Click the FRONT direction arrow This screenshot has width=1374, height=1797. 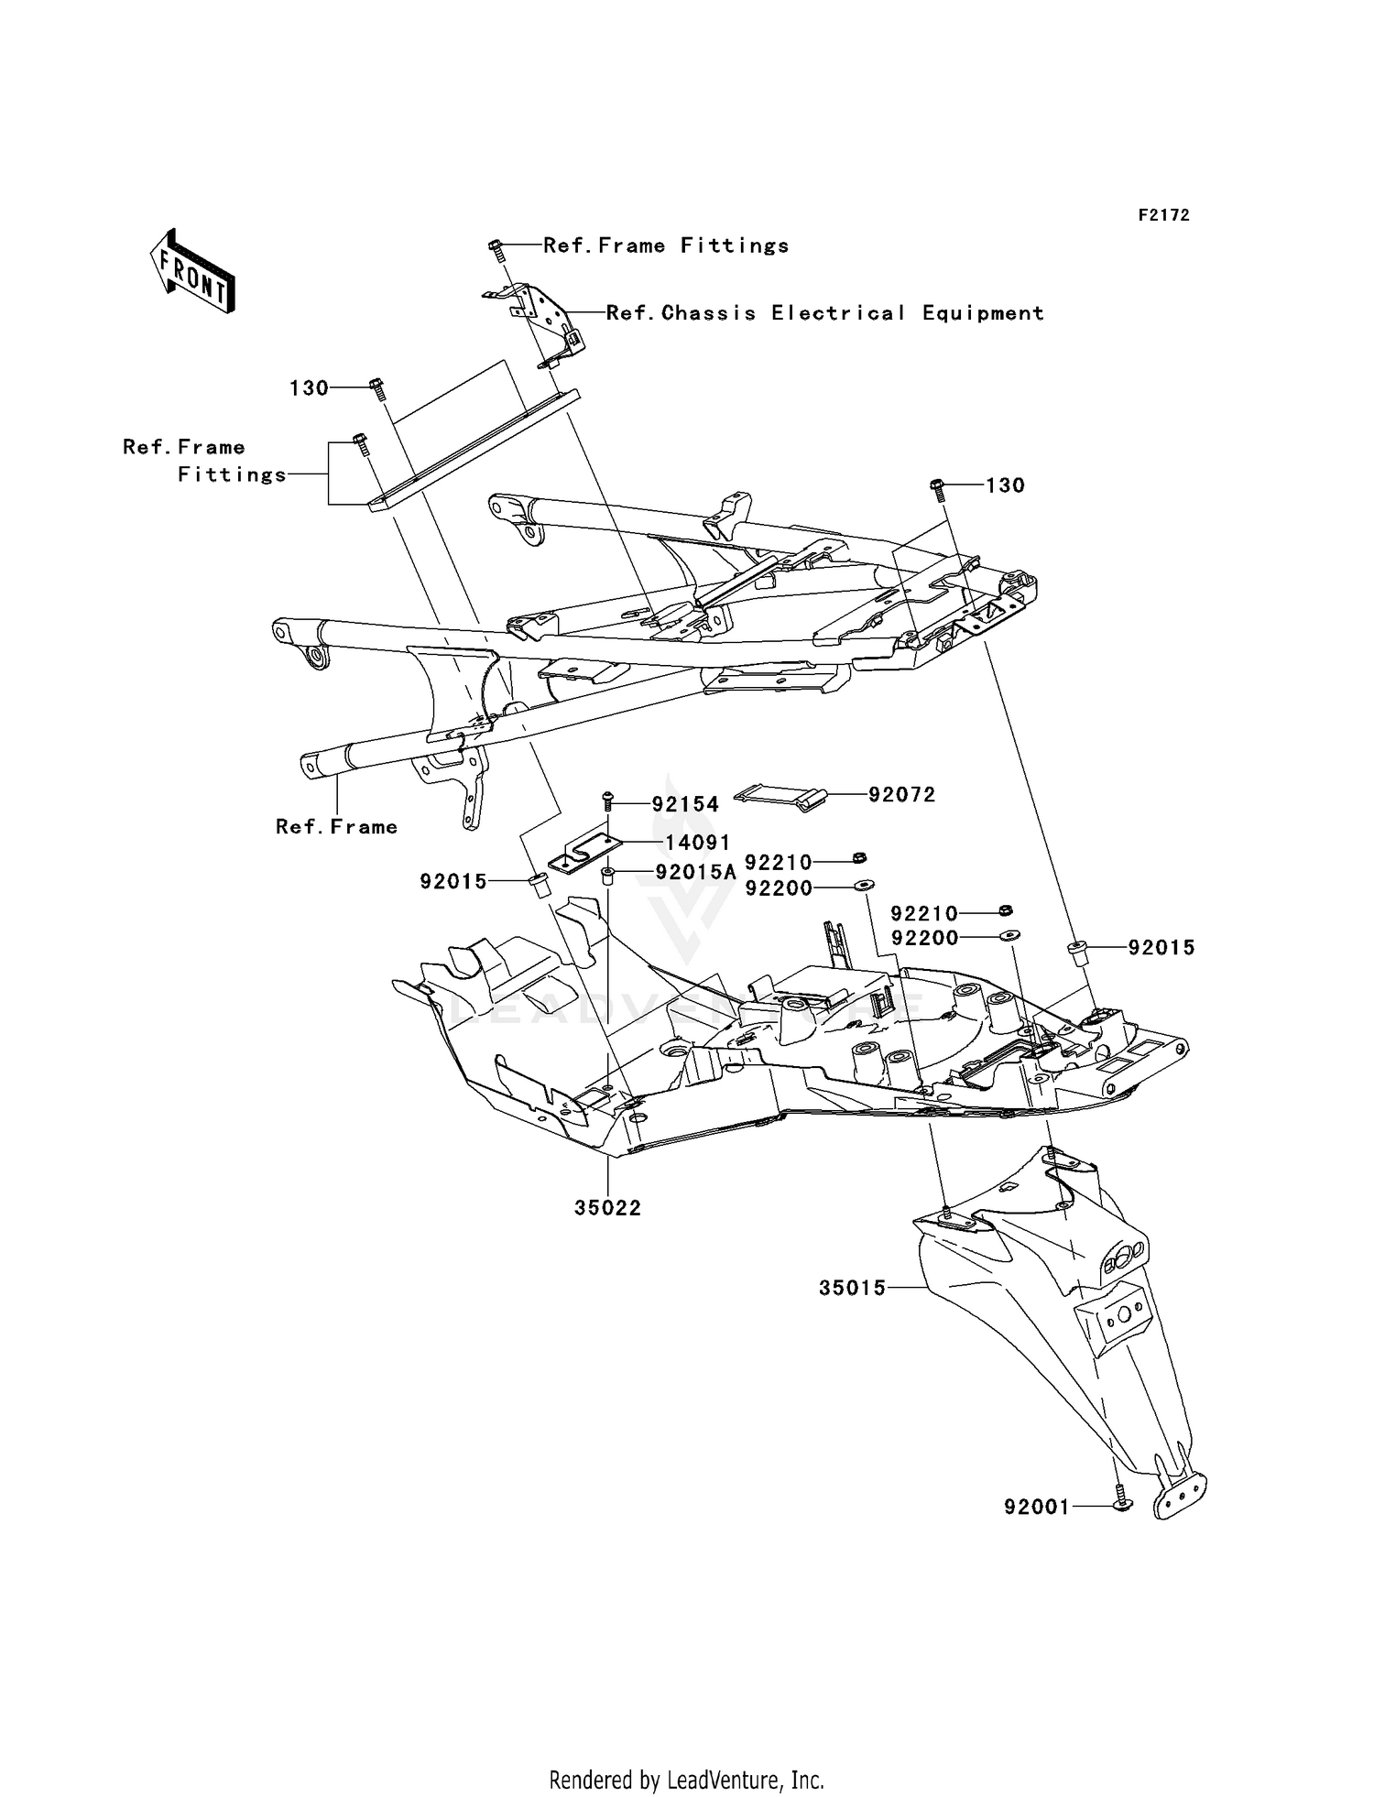pyautogui.click(x=191, y=271)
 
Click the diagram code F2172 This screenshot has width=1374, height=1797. pyautogui.click(x=1163, y=215)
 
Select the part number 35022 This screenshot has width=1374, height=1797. pyautogui.click(x=608, y=1208)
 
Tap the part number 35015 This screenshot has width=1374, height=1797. pyautogui.click(x=852, y=1288)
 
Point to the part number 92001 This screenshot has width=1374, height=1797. pyautogui.click(x=1036, y=1507)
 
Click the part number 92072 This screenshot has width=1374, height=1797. pyautogui.click(x=902, y=795)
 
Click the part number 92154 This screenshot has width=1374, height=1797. pyautogui.click(x=685, y=804)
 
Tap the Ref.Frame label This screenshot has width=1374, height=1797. pyautogui.click(x=337, y=827)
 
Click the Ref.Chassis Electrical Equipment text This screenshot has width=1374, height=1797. pyautogui.click(x=824, y=313)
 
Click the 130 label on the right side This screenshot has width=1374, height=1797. pyautogui.click(x=1005, y=485)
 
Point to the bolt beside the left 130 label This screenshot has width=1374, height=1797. pyautogui.click(x=376, y=389)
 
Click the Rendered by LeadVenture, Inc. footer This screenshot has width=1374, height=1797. pyautogui.click(x=686, y=1779)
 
